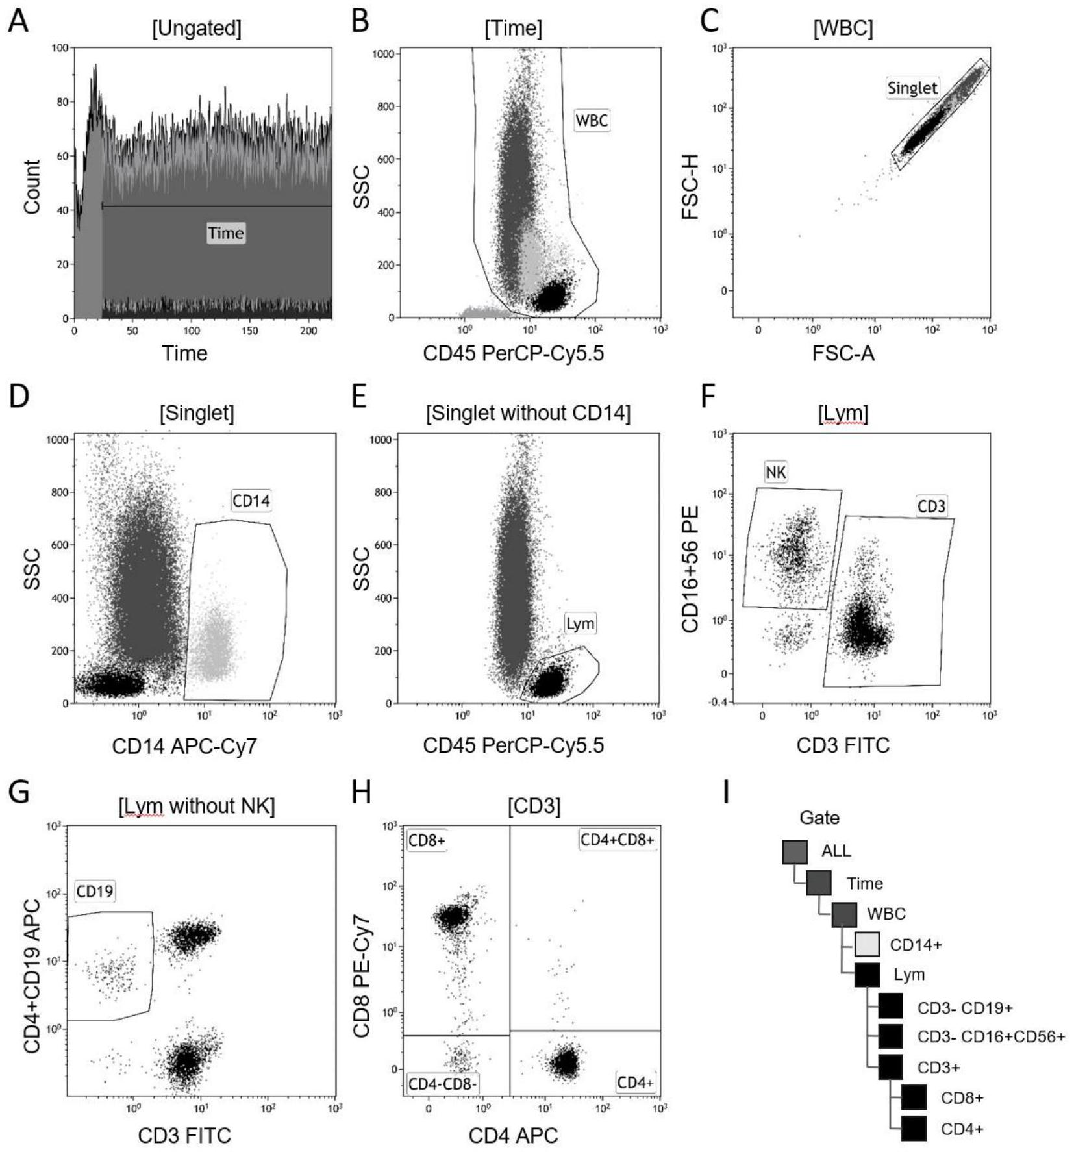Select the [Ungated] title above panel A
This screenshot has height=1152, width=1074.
(196, 29)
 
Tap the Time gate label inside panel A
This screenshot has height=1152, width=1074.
(225, 233)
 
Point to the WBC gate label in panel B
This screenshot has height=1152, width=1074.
(592, 120)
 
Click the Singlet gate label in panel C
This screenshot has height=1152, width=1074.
(912, 88)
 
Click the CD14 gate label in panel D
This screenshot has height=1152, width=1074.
(251, 501)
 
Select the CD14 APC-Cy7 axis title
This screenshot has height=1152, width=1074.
(184, 745)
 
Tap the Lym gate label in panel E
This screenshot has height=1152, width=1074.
(580, 624)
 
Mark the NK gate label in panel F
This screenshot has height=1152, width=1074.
(775, 472)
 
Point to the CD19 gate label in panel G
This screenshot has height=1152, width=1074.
(95, 892)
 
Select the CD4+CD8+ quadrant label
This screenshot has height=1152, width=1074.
(617, 840)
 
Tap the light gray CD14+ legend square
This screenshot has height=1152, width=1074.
(867, 944)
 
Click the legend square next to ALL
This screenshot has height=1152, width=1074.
(795, 851)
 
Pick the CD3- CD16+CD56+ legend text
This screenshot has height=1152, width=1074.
(990, 1036)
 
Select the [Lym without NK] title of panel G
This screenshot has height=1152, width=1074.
(196, 806)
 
